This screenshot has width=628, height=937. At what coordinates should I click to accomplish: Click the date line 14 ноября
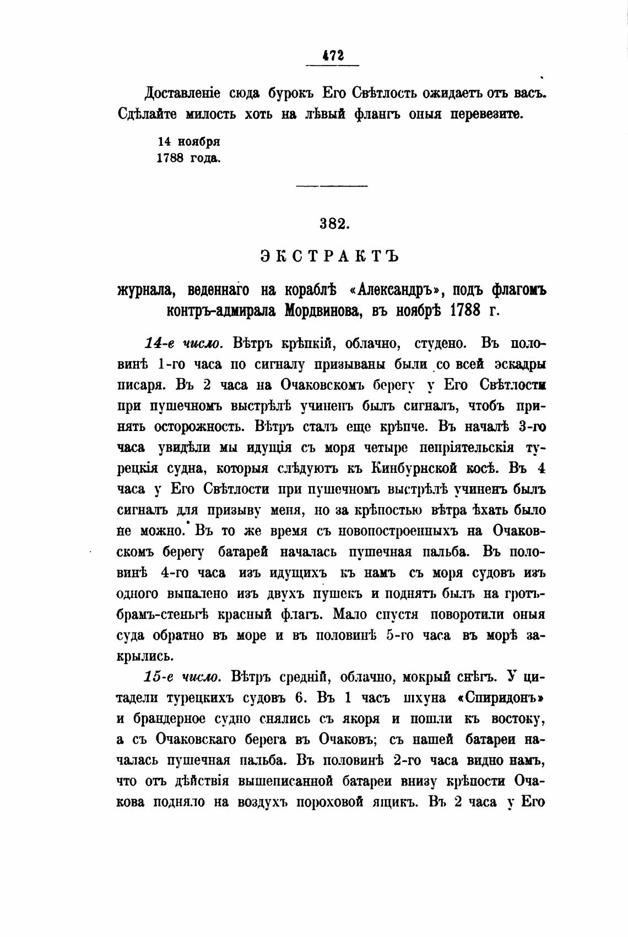click(189, 141)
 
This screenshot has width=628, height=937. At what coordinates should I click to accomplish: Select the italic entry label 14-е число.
click(183, 344)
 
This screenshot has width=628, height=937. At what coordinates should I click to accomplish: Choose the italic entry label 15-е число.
click(183, 675)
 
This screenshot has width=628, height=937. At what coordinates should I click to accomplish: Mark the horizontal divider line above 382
click(332, 186)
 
